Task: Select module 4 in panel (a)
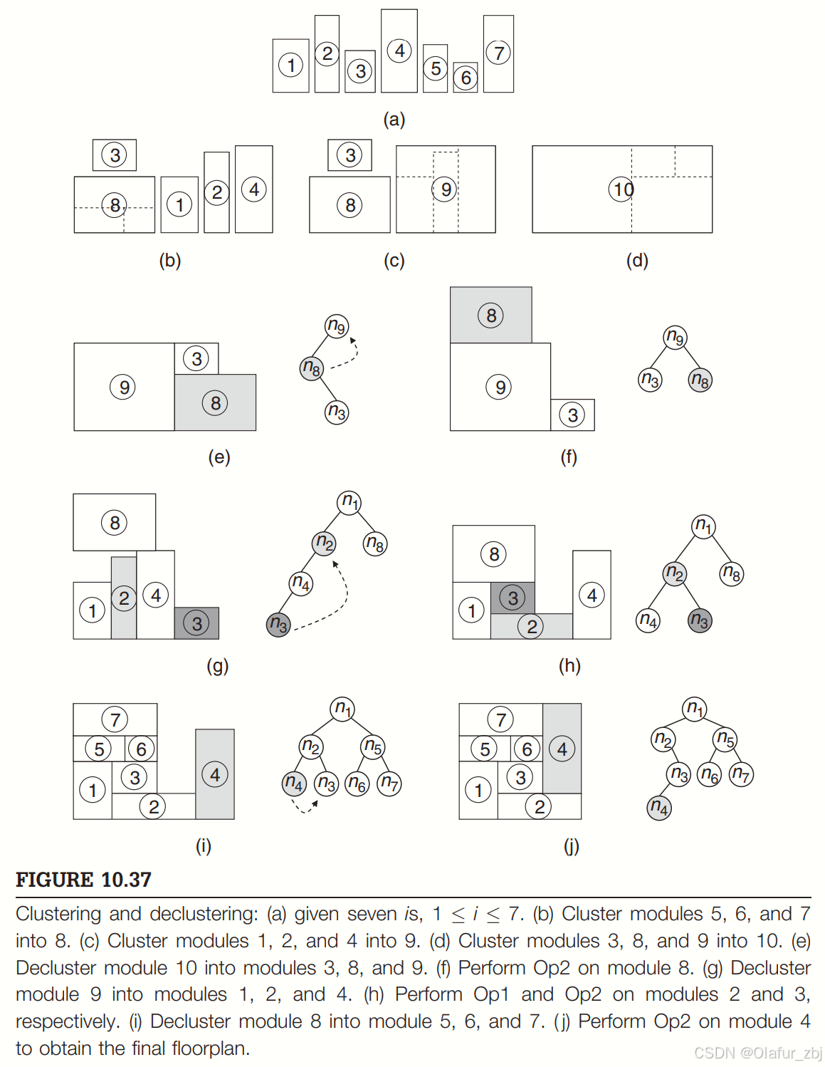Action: click(399, 51)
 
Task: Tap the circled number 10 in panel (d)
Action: click(621, 189)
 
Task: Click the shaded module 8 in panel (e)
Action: click(215, 403)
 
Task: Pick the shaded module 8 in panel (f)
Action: click(490, 315)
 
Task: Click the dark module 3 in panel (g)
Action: click(196, 623)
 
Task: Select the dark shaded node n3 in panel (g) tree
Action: click(278, 625)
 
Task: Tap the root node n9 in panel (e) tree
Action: click(337, 326)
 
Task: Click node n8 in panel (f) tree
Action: click(700, 380)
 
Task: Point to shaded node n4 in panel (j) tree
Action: click(659, 808)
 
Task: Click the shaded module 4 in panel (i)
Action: click(215, 774)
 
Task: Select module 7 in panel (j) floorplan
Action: click(500, 719)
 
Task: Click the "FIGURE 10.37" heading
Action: click(83, 880)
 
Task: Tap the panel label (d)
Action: click(637, 261)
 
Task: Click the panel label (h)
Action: click(569, 665)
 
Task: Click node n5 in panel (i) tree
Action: click(373, 746)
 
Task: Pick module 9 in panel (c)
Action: click(445, 189)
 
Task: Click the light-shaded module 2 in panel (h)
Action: click(532, 626)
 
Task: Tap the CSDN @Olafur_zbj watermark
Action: click(757, 1053)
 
